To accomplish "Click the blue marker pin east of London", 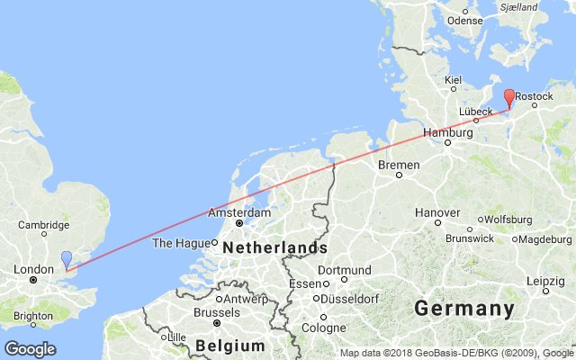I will (x=67, y=259).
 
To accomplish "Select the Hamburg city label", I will (x=447, y=132).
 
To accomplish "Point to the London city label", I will (x=32, y=269).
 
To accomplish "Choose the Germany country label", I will (x=464, y=309).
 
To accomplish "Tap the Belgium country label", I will (x=232, y=346).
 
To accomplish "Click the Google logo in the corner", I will (x=30, y=349).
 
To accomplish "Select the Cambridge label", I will (x=44, y=225).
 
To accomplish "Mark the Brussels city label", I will (x=216, y=312).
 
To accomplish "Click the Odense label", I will (x=465, y=20).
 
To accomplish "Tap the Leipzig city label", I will (x=545, y=281).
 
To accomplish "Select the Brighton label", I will (x=32, y=316).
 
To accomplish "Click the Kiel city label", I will (x=452, y=79).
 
